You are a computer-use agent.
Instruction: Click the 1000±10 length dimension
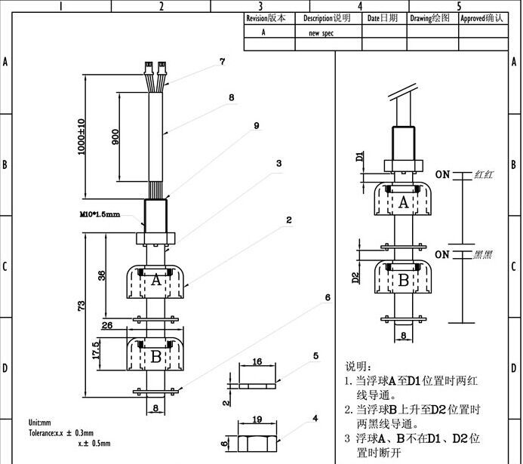[x=82, y=136]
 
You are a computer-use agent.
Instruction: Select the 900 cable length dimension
[x=115, y=137]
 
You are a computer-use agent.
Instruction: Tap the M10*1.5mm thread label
[x=100, y=214]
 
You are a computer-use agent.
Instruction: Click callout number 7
[x=222, y=63]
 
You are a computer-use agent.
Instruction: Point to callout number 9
[x=257, y=125]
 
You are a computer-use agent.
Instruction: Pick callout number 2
[x=288, y=221]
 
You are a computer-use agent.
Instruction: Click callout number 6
[x=328, y=298]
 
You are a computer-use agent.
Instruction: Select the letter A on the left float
[x=156, y=280]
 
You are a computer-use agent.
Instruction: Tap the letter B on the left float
[x=156, y=357]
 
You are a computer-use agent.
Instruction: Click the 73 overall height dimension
[x=82, y=306]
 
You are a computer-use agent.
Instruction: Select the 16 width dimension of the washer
[x=257, y=363]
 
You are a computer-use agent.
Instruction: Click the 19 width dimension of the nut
[x=257, y=419]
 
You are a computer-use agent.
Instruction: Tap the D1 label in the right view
[x=360, y=157]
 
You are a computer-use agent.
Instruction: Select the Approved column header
[x=481, y=17]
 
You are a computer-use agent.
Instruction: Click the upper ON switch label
[x=441, y=175]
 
